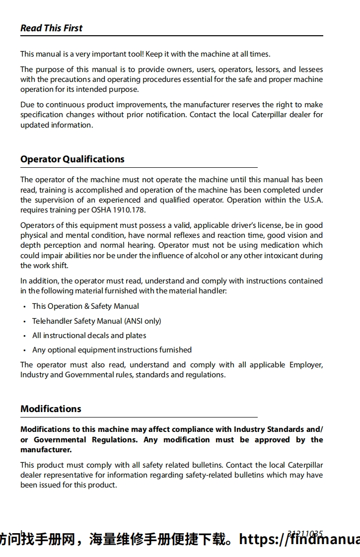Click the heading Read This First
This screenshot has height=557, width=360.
click(x=51, y=28)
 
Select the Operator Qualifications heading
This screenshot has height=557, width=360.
click(x=72, y=159)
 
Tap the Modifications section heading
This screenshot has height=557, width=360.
click(x=51, y=409)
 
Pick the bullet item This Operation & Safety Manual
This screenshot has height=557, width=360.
click(x=85, y=306)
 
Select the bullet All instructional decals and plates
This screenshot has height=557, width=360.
click(x=89, y=335)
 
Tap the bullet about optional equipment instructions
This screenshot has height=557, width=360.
click(x=112, y=349)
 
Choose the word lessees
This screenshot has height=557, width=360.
click(x=311, y=70)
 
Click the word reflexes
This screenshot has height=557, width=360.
click(x=183, y=235)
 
